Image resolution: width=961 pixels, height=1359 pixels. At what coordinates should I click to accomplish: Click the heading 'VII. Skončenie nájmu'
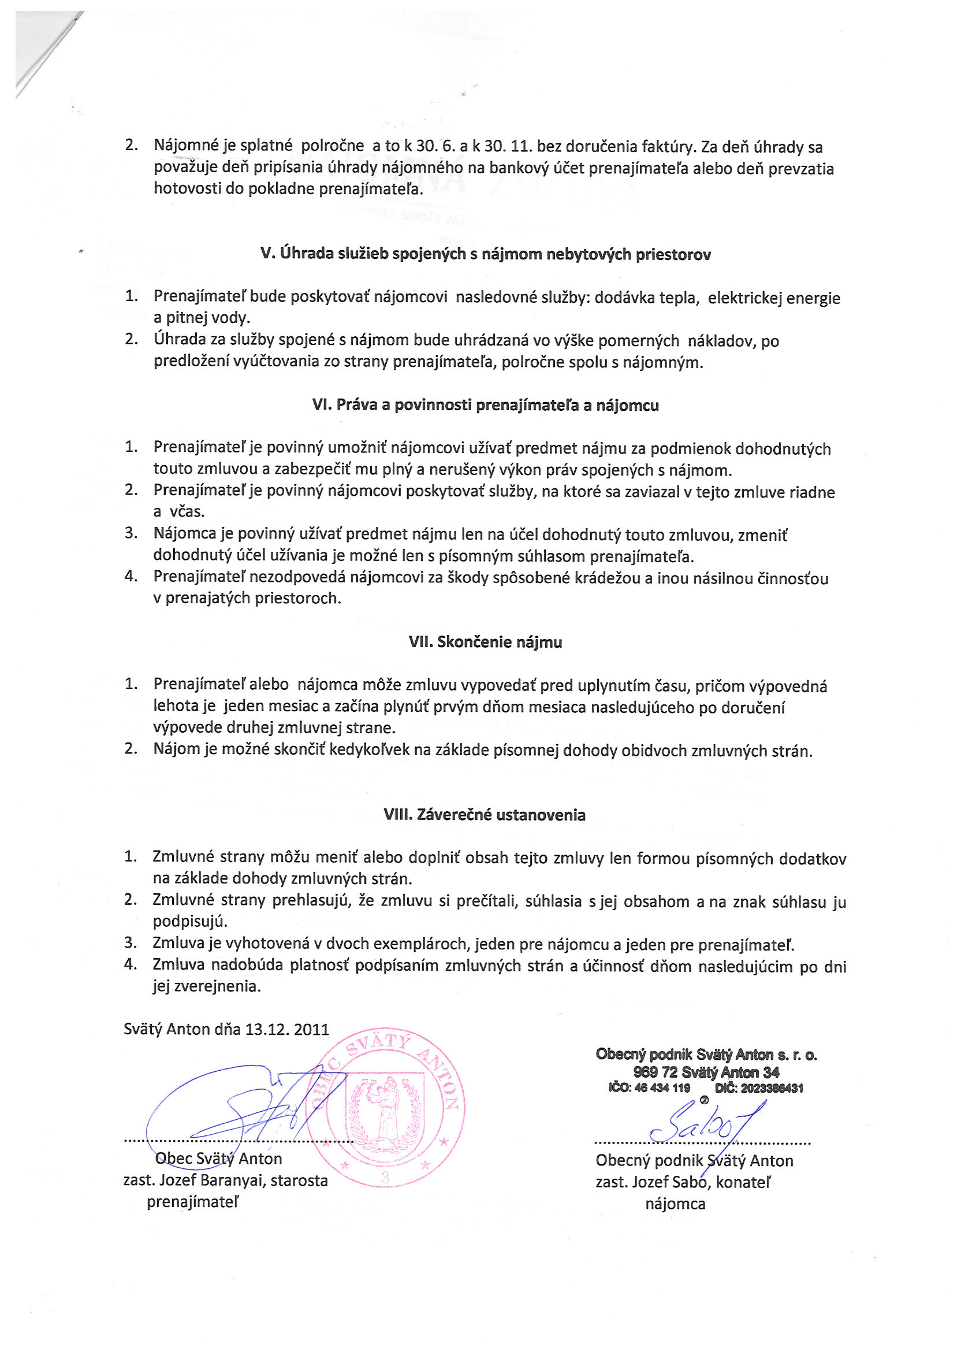point(485,642)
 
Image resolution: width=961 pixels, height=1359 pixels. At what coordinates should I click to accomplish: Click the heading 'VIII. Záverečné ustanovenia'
point(484,815)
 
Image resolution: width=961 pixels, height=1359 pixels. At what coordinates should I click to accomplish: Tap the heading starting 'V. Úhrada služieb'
point(485,254)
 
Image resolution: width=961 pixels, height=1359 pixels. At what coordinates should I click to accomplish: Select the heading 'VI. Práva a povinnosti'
point(485,406)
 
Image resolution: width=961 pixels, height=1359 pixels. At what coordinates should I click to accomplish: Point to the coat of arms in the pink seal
point(385,1111)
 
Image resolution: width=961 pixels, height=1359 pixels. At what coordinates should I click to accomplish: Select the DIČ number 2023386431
point(772,1088)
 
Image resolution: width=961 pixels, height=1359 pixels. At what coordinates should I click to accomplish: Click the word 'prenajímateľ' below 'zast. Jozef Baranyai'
point(193,1202)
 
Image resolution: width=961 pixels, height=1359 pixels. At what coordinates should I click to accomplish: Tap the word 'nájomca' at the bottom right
point(675,1204)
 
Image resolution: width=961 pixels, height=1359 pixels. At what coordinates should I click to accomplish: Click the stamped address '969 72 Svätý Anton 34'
point(706,1072)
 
